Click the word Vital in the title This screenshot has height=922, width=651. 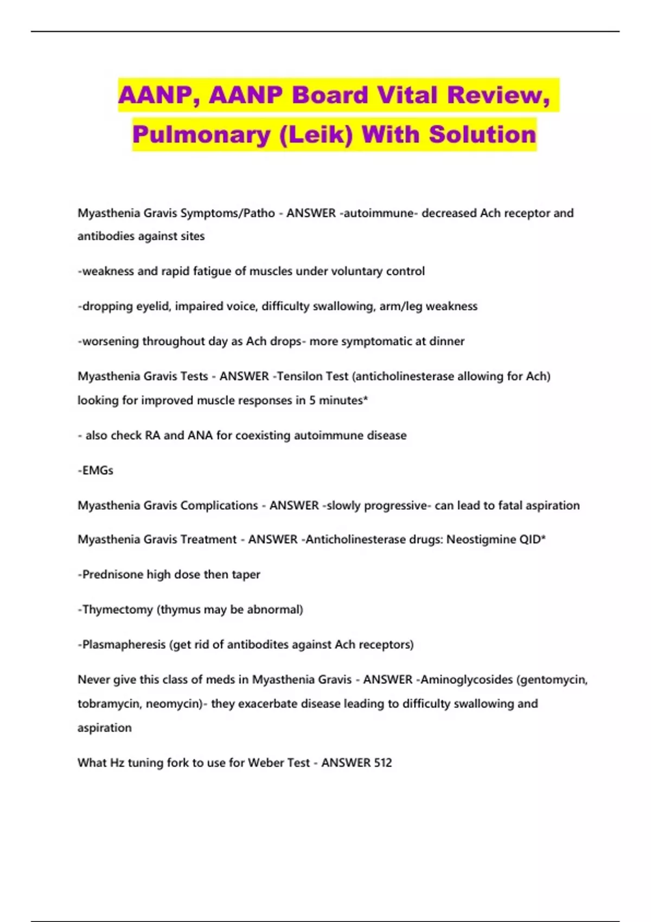tap(409, 95)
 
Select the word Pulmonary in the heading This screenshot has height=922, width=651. tap(201, 135)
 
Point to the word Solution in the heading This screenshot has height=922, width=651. tap(482, 135)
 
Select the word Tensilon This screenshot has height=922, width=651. tap(312, 376)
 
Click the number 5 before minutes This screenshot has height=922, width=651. tap(312, 400)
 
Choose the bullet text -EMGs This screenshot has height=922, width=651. tap(95, 470)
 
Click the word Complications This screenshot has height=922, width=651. tap(219, 505)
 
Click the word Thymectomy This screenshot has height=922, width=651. tap(117, 610)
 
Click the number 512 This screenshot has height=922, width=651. tap(382, 763)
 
